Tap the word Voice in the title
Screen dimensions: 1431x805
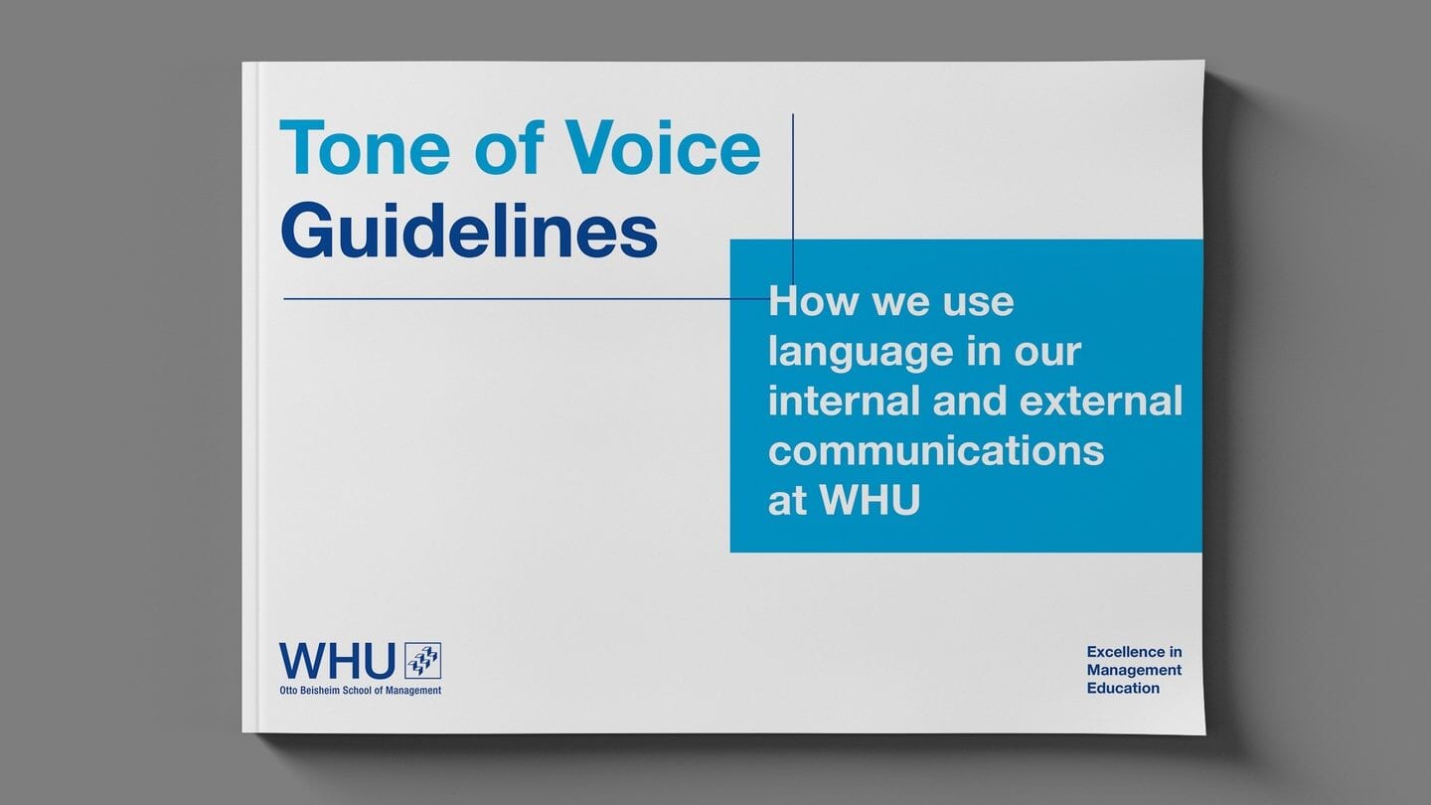click(x=663, y=147)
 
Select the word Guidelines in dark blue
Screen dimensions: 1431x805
click(x=469, y=230)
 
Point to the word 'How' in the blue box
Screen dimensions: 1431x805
click(x=811, y=301)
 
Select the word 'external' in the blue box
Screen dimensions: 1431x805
click(x=1101, y=401)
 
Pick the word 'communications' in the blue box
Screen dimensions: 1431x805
click(x=936, y=451)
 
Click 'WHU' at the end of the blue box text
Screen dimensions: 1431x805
click(x=871, y=500)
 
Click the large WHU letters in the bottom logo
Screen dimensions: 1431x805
click(x=337, y=661)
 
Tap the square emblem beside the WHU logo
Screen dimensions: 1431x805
click(x=423, y=661)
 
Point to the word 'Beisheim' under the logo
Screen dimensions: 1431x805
click(x=320, y=691)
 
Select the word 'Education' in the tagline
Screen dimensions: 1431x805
click(x=1123, y=689)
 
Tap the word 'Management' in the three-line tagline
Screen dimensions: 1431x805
click(x=1134, y=671)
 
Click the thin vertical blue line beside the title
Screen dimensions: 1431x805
click(x=793, y=199)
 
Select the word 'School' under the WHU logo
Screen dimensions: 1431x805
click(x=358, y=691)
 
